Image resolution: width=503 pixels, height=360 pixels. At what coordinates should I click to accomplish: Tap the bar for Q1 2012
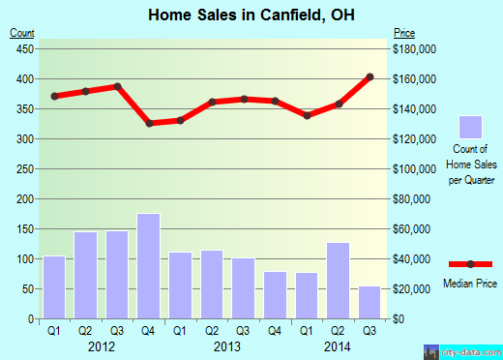pyautogui.click(x=54, y=286)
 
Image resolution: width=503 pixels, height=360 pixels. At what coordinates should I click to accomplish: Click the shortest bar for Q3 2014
pyautogui.click(x=370, y=302)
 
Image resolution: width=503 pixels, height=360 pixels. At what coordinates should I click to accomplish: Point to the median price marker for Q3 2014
pyautogui.click(x=370, y=76)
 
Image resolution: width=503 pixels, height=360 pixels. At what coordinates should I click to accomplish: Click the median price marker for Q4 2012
pyautogui.click(x=149, y=123)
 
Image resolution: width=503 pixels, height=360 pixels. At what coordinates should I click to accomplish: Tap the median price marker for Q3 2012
pyautogui.click(x=117, y=86)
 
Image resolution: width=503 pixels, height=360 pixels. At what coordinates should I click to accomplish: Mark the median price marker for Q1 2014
pyautogui.click(x=307, y=115)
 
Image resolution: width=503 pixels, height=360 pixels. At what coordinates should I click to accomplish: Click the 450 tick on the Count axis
pyautogui.click(x=23, y=48)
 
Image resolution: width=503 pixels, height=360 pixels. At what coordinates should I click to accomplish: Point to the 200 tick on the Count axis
pyautogui.click(x=23, y=199)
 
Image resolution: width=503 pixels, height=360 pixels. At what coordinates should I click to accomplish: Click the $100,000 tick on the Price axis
pyautogui.click(x=415, y=169)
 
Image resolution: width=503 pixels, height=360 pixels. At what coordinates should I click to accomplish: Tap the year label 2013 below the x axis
pyautogui.click(x=227, y=346)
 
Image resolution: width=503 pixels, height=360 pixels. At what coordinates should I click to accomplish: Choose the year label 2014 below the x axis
pyautogui.click(x=338, y=346)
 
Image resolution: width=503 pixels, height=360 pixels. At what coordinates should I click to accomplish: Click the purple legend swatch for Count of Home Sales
pyautogui.click(x=470, y=128)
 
